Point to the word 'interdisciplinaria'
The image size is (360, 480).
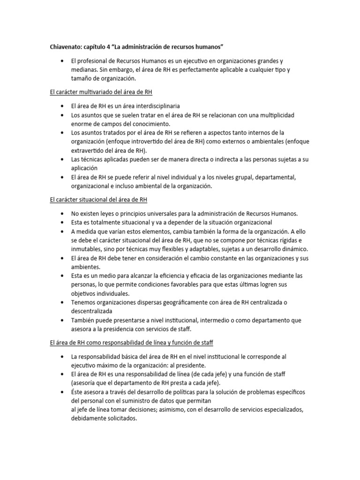(155, 106)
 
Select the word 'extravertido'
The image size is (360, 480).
(88, 150)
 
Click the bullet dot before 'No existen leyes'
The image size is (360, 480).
(62, 214)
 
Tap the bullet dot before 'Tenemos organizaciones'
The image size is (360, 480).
(62, 303)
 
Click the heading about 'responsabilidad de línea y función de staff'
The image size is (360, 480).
(131, 343)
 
